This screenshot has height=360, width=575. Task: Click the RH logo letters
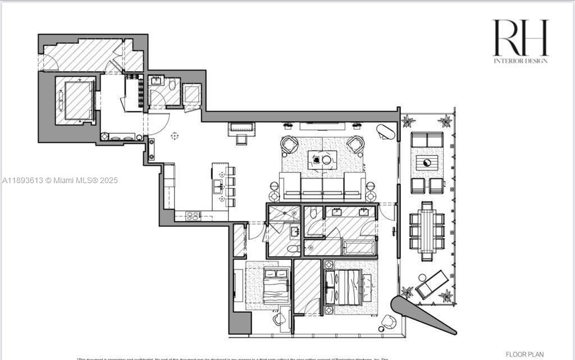click(520, 38)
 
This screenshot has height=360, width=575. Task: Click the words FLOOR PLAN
click(524, 354)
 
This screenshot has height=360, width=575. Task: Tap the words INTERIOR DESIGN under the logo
click(520, 61)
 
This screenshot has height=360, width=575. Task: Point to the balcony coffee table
click(427, 163)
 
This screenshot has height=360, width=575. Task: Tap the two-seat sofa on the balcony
click(427, 139)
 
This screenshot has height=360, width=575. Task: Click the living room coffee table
click(322, 160)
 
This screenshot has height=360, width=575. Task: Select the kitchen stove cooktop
click(193, 215)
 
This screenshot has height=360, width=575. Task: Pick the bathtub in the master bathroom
click(359, 247)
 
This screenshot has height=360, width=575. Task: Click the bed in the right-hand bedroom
click(348, 286)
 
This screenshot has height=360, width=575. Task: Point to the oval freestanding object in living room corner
click(386, 132)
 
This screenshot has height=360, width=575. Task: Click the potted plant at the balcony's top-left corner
click(408, 121)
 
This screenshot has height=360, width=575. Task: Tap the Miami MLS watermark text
click(60, 180)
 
